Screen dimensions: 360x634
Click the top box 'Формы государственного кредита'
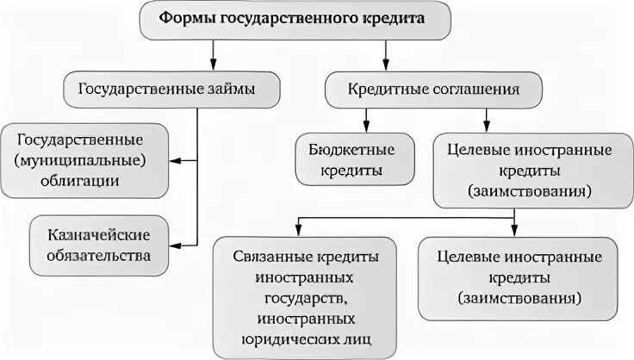tap(295, 20)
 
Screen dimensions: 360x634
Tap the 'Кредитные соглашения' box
tap(433, 87)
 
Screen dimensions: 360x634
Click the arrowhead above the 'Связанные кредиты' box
tap(297, 228)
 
